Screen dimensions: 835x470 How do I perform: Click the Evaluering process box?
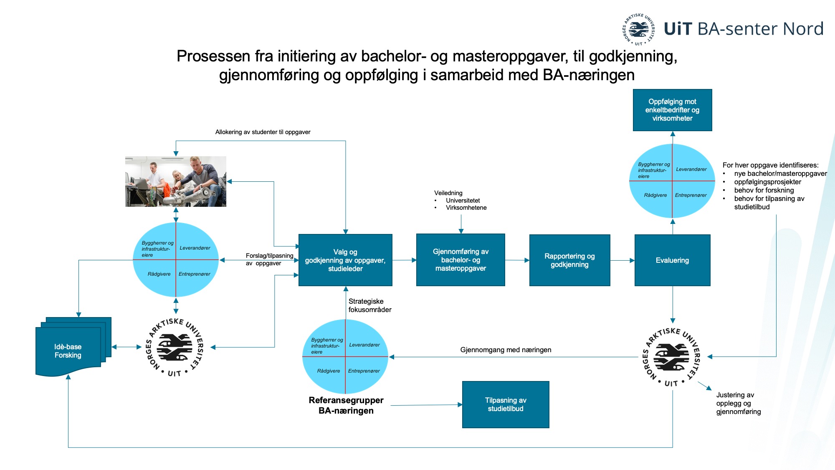click(672, 260)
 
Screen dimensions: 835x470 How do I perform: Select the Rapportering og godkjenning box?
click(569, 260)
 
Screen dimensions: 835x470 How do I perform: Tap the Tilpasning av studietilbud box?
click(506, 404)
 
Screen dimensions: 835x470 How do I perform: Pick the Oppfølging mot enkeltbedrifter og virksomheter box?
click(672, 110)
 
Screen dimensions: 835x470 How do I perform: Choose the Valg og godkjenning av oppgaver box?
click(345, 260)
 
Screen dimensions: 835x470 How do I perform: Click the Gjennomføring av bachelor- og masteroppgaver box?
click(461, 260)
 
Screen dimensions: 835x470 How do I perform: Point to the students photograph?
click(176, 181)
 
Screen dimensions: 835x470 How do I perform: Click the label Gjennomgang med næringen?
click(506, 350)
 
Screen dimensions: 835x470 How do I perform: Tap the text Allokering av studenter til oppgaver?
click(263, 132)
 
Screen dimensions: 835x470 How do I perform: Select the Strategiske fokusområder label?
click(370, 305)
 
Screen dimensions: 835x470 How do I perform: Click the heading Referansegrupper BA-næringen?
click(346, 405)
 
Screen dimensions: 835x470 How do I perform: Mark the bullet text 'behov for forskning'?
click(764, 190)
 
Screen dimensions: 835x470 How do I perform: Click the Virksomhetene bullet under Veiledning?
click(466, 208)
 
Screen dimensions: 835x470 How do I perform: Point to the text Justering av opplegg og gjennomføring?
click(739, 403)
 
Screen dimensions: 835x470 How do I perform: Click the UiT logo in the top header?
click(638, 29)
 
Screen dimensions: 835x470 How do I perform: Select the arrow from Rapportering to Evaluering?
click(622, 260)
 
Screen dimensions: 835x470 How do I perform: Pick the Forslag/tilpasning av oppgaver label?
click(269, 259)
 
